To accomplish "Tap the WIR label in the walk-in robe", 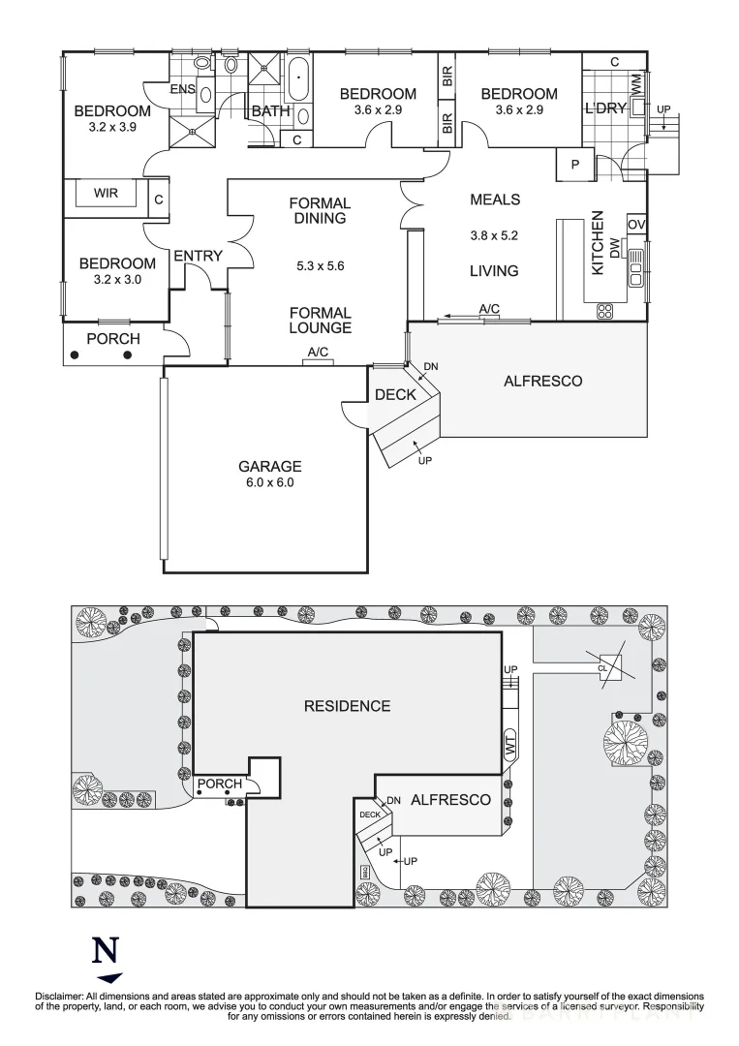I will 106,194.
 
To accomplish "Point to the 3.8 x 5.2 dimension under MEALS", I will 494,234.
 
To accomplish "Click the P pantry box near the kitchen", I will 574,166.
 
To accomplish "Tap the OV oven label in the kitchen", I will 635,225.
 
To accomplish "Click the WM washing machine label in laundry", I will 636,84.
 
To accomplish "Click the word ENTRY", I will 198,256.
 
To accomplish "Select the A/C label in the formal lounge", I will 318,352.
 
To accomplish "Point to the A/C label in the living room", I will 489,309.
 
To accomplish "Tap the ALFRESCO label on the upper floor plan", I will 542,381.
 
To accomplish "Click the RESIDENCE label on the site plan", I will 347,706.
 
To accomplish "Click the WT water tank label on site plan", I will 510,747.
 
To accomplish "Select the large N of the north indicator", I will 105,951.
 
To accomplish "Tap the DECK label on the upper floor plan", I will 395,394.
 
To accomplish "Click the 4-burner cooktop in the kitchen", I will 604,311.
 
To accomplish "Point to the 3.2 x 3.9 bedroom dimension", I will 113,127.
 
